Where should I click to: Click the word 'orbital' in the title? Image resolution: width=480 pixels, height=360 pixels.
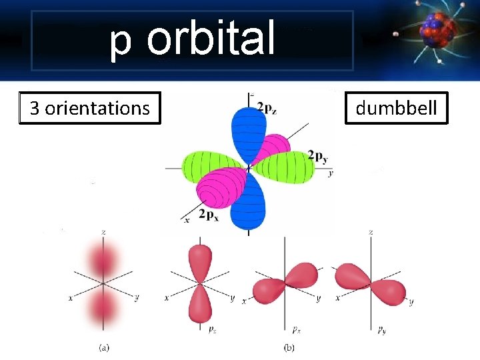[x=211, y=38]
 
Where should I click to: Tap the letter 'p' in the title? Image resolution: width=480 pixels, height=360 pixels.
[x=121, y=41]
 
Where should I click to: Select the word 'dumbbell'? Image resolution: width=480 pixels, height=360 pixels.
[x=396, y=108]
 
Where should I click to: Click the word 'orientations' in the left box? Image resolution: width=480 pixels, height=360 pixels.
[x=97, y=108]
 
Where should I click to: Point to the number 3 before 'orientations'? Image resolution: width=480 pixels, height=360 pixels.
[x=35, y=108]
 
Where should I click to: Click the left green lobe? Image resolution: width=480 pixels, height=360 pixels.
[x=209, y=166]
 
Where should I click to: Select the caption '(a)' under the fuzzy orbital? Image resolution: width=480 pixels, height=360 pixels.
[x=105, y=347]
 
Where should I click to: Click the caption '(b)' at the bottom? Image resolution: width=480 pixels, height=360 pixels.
[x=289, y=347]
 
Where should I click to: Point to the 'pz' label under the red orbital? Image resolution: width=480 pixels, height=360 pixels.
[x=211, y=329]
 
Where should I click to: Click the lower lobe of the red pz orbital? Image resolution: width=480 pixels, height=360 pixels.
[x=200, y=304]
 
